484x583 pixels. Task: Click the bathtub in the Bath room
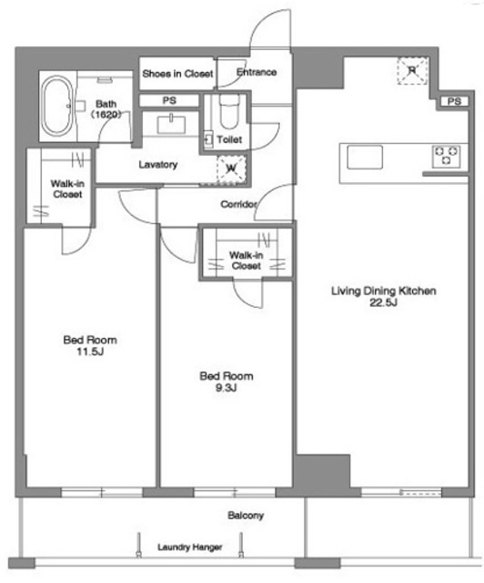tap(56, 107)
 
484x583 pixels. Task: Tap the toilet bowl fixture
tap(229, 111)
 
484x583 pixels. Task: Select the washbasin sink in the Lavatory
tap(171, 125)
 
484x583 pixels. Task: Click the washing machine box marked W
tap(231, 169)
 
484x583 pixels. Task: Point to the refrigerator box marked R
tap(412, 71)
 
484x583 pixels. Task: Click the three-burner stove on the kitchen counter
tap(446, 156)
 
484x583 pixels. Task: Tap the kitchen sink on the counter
tap(365, 158)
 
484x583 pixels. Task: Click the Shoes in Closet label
tap(178, 74)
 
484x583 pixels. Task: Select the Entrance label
tap(257, 72)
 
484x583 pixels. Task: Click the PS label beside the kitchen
tap(454, 101)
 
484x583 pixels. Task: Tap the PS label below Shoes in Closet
tap(169, 100)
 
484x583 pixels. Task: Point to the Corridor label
tap(238, 204)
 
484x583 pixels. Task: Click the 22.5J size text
tap(383, 302)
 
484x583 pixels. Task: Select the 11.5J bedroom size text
tap(90, 352)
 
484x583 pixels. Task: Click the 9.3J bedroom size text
tap(227, 388)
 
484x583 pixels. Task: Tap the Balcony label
tap(246, 516)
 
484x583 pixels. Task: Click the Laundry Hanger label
tap(190, 547)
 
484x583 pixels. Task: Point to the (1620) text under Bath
tap(106, 114)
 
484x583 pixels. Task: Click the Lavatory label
tap(158, 164)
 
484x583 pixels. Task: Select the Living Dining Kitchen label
tap(384, 291)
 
